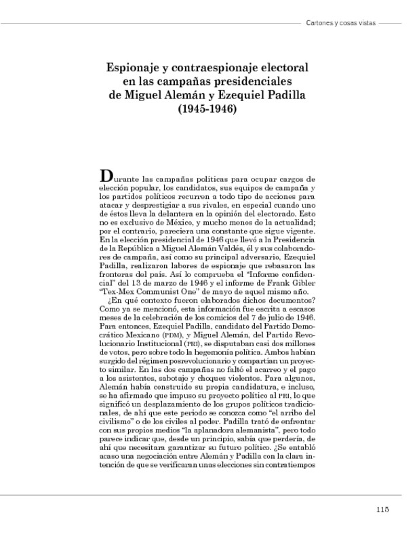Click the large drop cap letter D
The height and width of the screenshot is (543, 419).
106,175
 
